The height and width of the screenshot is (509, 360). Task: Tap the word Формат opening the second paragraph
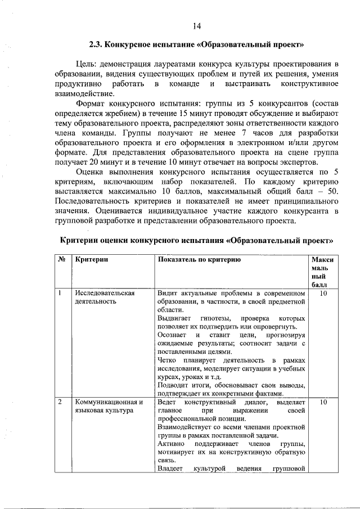pyautogui.click(x=93, y=104)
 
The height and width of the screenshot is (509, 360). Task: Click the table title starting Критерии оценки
pyautogui.click(x=196, y=240)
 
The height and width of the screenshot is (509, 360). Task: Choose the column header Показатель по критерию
pyautogui.click(x=199, y=260)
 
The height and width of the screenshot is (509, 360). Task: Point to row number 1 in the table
pyautogui.click(x=59, y=293)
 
